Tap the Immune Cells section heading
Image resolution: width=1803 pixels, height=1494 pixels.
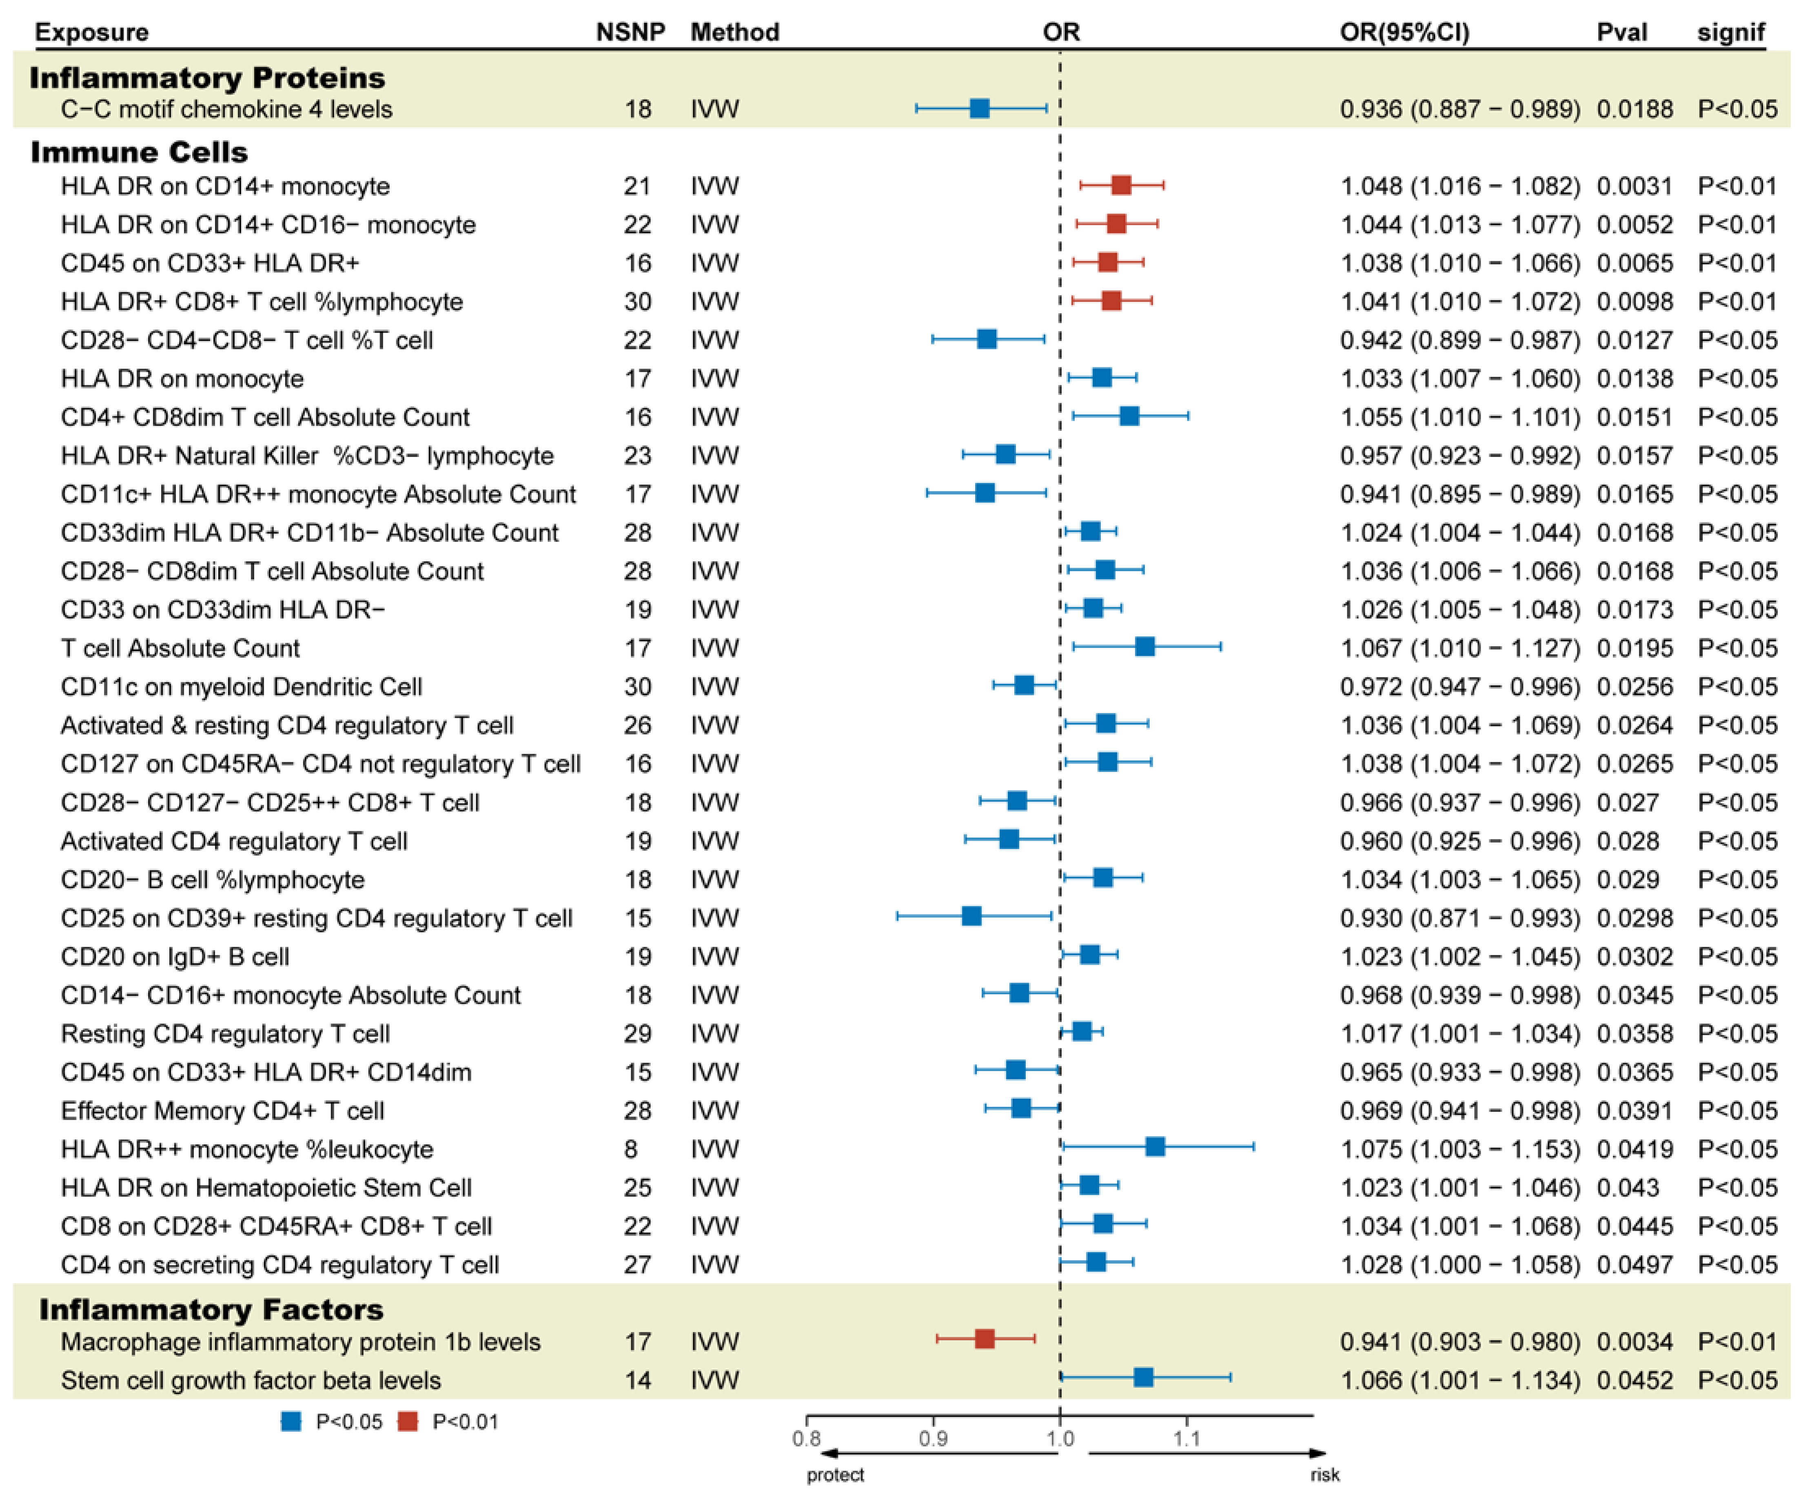tap(139, 152)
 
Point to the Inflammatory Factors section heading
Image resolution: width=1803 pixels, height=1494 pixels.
tap(211, 1309)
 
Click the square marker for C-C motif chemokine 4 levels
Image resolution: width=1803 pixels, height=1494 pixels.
tap(979, 108)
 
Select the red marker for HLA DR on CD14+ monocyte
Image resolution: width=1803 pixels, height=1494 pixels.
tap(1120, 184)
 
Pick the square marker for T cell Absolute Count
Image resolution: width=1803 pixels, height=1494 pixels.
tap(1144, 646)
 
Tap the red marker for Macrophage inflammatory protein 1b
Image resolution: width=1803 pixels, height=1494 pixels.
tap(985, 1339)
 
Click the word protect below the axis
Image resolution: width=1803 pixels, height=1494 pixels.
tap(834, 1474)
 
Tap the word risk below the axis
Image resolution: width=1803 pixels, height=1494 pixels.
tap(1325, 1474)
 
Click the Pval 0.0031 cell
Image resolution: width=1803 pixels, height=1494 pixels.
tap(1634, 186)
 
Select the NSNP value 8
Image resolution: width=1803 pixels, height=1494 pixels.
tap(631, 1149)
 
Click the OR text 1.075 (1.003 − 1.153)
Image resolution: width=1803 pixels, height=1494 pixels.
tap(1459, 1149)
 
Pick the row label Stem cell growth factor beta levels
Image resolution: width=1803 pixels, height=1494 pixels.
tap(251, 1380)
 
